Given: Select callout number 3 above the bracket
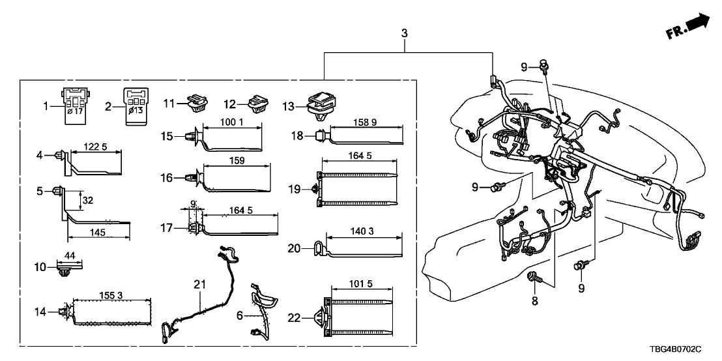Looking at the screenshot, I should (405, 32).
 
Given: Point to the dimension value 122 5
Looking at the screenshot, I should (96, 148).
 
